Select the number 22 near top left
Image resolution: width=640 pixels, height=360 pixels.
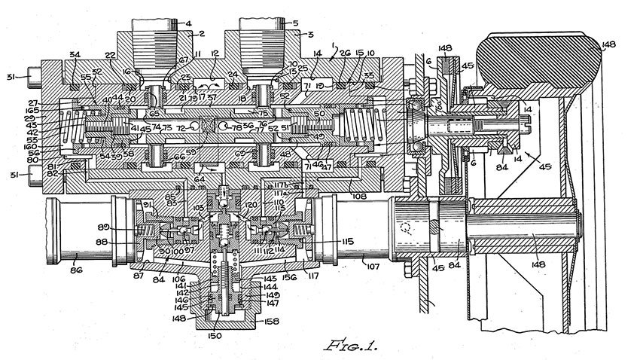coord(110,55)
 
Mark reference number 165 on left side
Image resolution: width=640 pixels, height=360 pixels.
coord(29,111)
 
